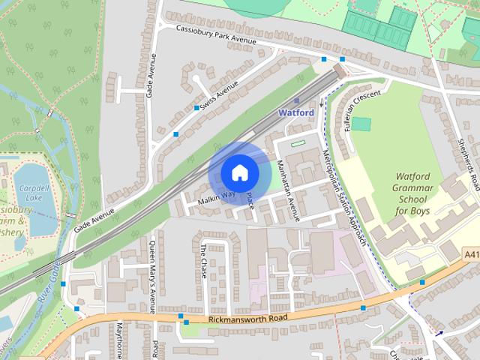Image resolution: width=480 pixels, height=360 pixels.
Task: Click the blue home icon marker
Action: click(239, 173)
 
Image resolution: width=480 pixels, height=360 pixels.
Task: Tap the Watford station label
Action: click(295, 112)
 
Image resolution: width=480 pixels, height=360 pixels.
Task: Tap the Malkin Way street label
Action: click(216, 198)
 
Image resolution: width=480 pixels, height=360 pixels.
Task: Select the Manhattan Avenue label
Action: click(289, 190)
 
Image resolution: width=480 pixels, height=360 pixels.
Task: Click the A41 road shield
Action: click(471, 256)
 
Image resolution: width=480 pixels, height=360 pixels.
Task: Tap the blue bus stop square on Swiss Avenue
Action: click(196, 108)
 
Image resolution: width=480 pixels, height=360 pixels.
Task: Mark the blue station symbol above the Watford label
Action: click(297, 100)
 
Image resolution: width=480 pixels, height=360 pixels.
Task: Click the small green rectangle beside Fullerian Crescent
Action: click(361, 124)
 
